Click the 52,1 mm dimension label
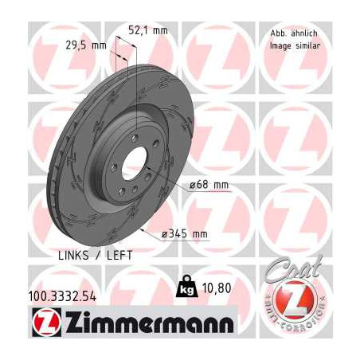148,30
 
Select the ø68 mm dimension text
209,185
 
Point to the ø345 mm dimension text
184,233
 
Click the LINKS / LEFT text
96,256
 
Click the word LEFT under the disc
118,256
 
